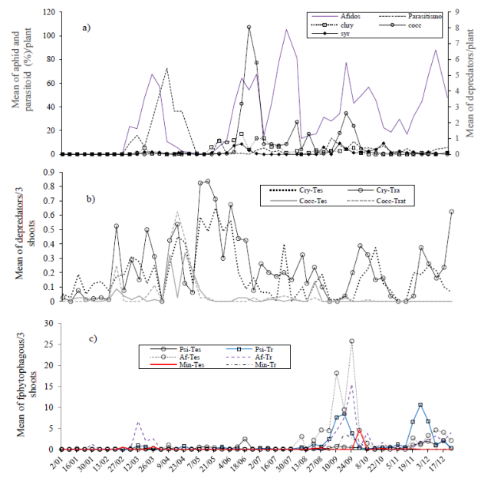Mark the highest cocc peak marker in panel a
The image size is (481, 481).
pos(249,28)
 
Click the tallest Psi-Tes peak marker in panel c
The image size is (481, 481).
pos(352,341)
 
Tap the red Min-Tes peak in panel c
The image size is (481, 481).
pos(360,430)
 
